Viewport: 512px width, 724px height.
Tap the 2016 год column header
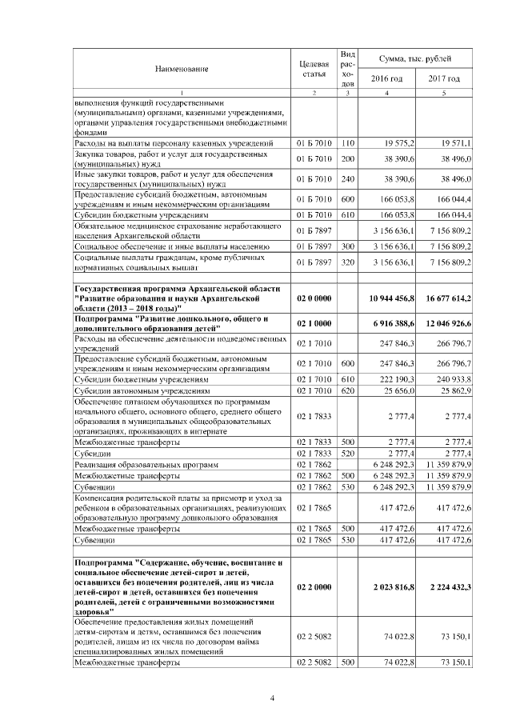pyautogui.click(x=386, y=78)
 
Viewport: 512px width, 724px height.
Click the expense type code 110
pyautogui.click(x=347, y=142)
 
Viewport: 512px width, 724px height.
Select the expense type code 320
pyautogui.click(x=347, y=262)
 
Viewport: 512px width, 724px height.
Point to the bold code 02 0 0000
pyautogui.click(x=313, y=298)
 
